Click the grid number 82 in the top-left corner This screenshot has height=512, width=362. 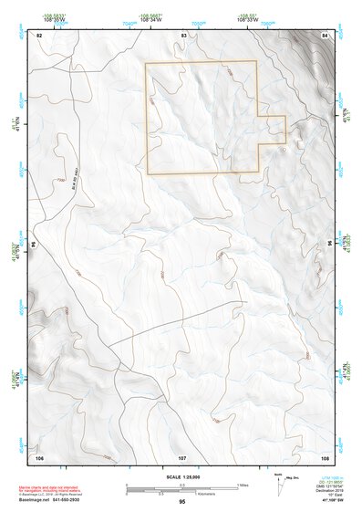[39, 35]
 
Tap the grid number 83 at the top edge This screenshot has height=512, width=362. [183, 35]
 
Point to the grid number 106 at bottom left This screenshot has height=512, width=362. [39, 455]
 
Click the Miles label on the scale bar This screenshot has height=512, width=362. [243, 484]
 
